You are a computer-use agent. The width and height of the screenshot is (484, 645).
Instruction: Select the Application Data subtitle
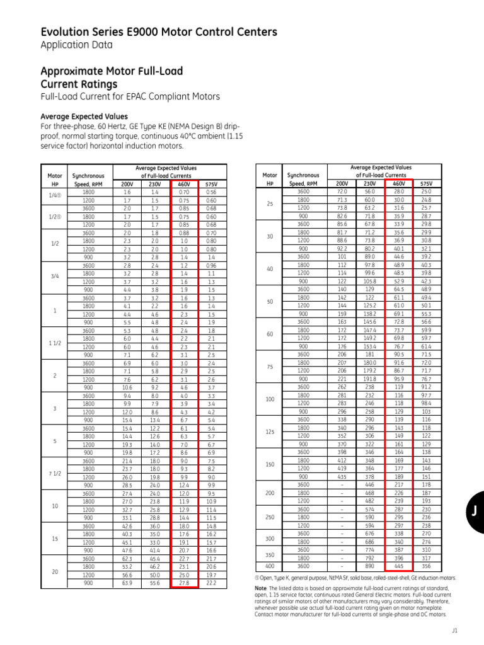tap(76, 45)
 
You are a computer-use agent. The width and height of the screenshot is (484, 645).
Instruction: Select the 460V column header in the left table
tap(183, 183)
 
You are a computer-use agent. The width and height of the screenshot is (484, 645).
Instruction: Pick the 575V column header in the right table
tap(426, 183)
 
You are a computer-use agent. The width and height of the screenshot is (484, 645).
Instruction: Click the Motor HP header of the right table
tap(270, 179)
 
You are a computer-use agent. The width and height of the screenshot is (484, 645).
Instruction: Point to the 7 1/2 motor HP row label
tap(54, 472)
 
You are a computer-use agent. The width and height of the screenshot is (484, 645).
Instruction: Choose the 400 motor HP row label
tap(270, 566)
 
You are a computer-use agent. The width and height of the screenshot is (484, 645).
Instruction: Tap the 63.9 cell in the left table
tap(127, 583)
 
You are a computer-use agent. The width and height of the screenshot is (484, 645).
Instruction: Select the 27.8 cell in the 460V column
tap(183, 583)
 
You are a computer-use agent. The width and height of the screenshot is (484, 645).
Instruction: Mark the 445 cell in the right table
tap(398, 566)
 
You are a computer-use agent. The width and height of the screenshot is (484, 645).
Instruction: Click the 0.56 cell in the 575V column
tap(211, 191)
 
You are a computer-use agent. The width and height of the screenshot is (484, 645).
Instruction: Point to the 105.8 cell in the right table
tap(370, 280)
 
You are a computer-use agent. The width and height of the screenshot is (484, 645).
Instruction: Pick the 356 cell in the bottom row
tap(426, 566)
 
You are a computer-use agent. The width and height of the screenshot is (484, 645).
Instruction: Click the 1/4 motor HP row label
tap(54, 196)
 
